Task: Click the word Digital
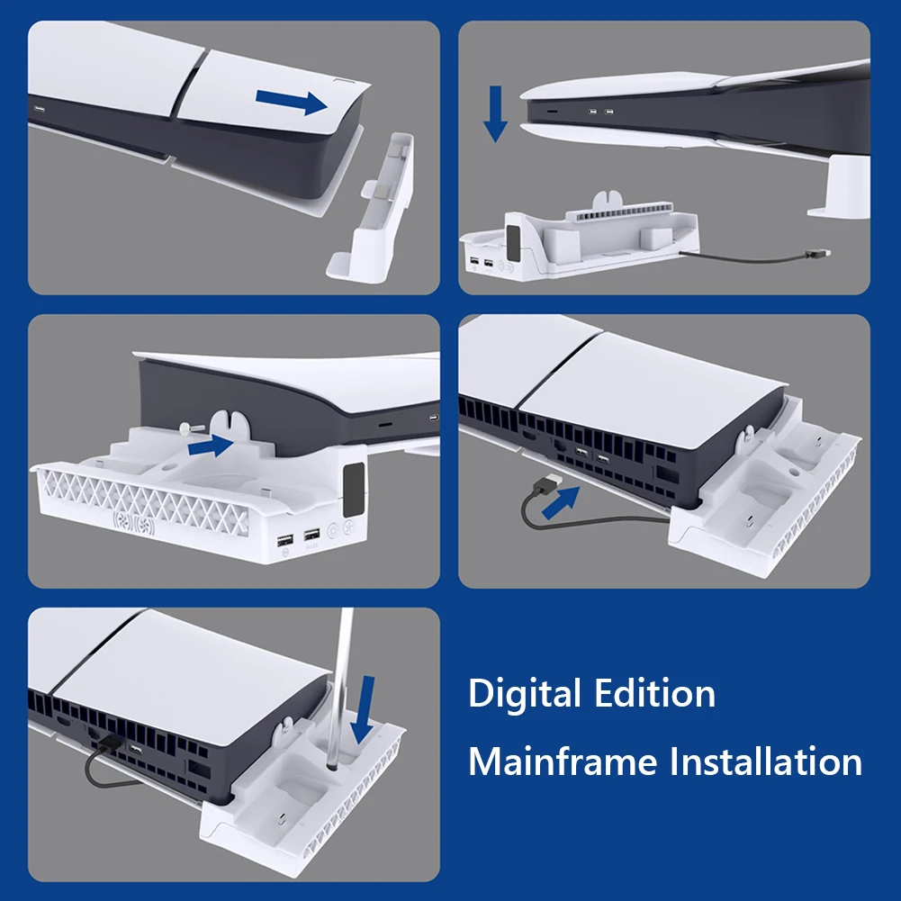tap(524, 694)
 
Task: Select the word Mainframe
tap(563, 761)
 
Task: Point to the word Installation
tap(766, 761)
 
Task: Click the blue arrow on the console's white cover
tap(292, 103)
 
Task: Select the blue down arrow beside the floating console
tap(495, 113)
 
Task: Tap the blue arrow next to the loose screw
tap(211, 446)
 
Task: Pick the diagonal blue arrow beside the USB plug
tap(561, 503)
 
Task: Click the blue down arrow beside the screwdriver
tap(363, 709)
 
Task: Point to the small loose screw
tap(191, 427)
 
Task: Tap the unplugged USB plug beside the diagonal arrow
tap(545, 484)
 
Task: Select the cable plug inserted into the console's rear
tap(108, 743)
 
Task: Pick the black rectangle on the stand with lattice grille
tap(354, 490)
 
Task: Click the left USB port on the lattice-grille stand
tap(285, 540)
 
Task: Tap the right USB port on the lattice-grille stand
tap(311, 535)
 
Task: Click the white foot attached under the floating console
tap(839, 186)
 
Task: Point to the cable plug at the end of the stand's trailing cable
tap(817, 254)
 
